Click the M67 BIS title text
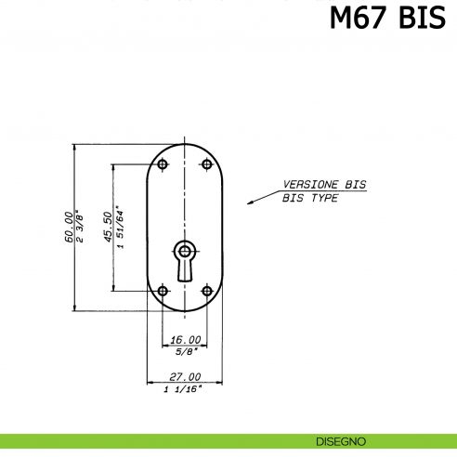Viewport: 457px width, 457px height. (387, 18)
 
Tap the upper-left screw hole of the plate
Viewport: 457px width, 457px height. (163, 164)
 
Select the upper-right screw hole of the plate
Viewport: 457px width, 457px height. (207, 164)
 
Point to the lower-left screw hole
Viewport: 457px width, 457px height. (163, 291)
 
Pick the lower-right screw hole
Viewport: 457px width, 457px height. (207, 291)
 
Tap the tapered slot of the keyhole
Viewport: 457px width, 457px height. (185, 270)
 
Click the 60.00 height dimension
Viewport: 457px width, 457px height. (70, 227)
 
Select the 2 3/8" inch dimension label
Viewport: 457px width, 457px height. (79, 227)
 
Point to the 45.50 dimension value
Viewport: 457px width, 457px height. (108, 227)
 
